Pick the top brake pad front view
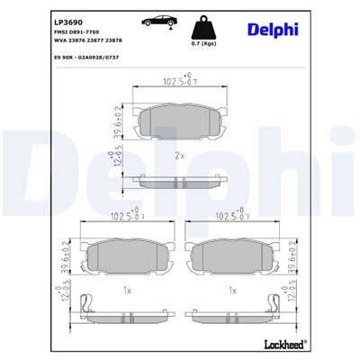pos(179,121)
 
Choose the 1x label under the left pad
pos(127,291)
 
